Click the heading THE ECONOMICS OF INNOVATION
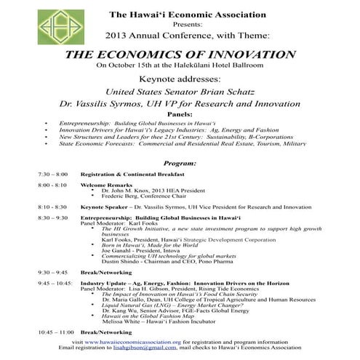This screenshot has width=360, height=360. (x=180, y=55)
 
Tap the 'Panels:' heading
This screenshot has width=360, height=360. (x=180, y=115)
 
